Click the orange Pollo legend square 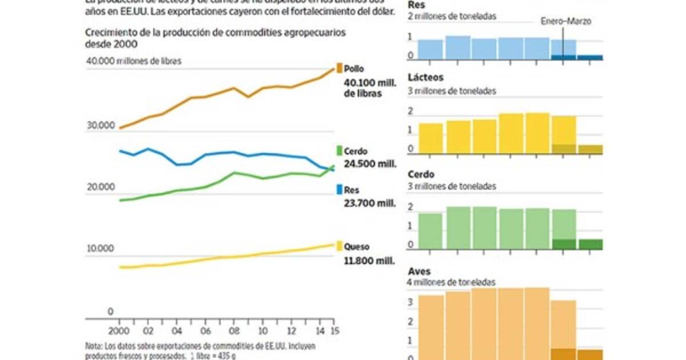pyautogui.click(x=339, y=67)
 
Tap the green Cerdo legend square pyautogui.click(x=339, y=151)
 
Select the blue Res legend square pyautogui.click(x=339, y=189)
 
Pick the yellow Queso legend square pyautogui.click(x=339, y=247)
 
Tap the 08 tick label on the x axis pyautogui.click(x=233, y=331)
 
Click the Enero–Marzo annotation pyautogui.click(x=566, y=22)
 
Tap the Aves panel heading pyautogui.click(x=420, y=271)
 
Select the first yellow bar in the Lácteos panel pyautogui.click(x=430, y=139)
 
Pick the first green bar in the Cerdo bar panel pyautogui.click(x=430, y=231)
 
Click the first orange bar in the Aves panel pyautogui.click(x=430, y=326)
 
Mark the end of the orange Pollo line pyautogui.click(x=334, y=70)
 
